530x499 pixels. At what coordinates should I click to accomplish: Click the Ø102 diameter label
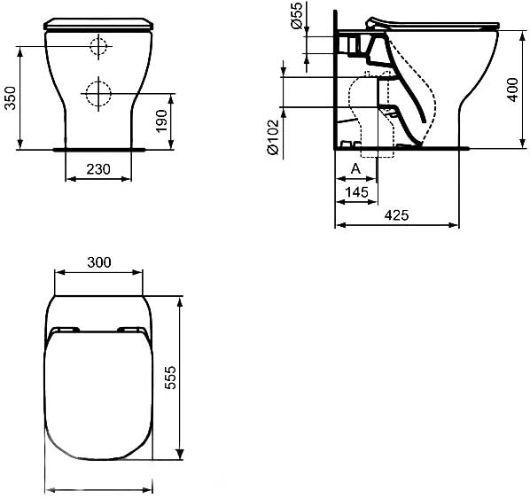tap(273, 137)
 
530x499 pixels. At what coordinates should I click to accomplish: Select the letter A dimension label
tap(355, 168)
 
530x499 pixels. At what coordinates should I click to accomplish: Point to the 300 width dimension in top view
tap(99, 261)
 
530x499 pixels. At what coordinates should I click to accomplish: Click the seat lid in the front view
tap(98, 23)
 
